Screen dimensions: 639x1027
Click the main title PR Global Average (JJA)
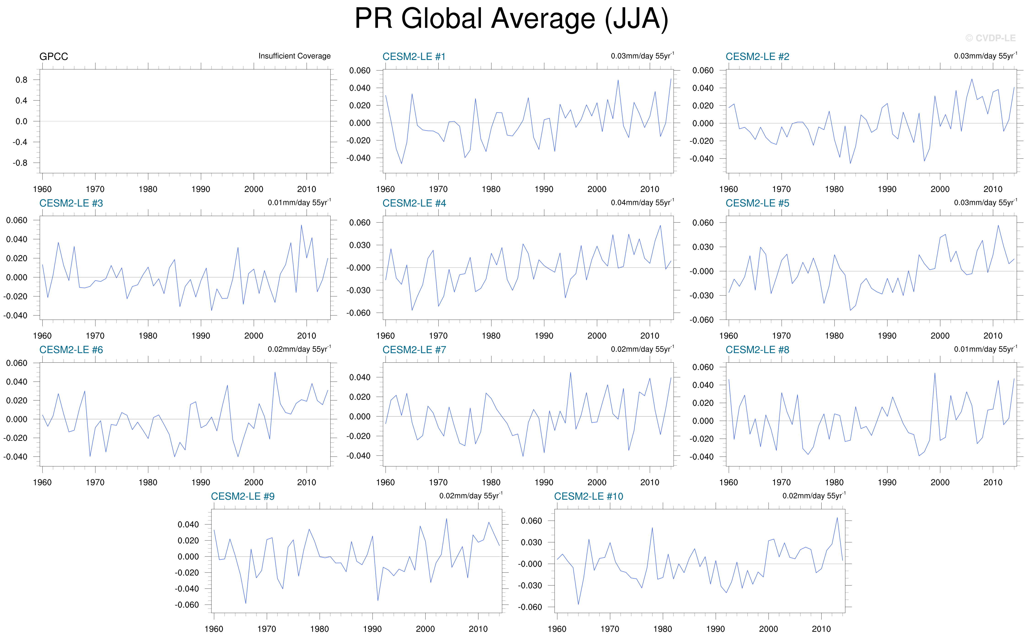511,19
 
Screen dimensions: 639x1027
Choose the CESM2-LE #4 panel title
414,203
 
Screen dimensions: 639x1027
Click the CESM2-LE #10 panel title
588,496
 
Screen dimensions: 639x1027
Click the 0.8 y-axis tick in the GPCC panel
22,80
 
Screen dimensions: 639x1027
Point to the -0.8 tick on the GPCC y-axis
20,163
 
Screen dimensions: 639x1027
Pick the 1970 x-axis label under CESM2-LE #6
95,482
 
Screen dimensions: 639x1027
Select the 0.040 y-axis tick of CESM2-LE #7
360,377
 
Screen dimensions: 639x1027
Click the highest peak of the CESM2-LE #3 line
301,225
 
